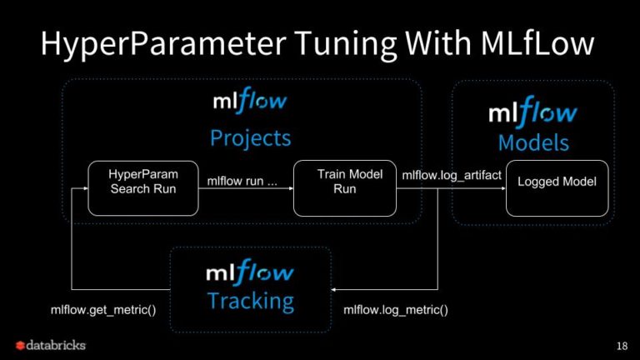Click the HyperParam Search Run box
tap(132, 188)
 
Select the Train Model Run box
tap(344, 188)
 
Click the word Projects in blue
tap(250, 137)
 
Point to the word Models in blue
tap(533, 142)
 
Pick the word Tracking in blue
tap(250, 300)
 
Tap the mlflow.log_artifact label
tap(452, 176)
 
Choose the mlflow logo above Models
tap(532, 112)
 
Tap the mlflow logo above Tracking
tap(250, 272)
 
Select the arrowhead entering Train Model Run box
tap(290, 188)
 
